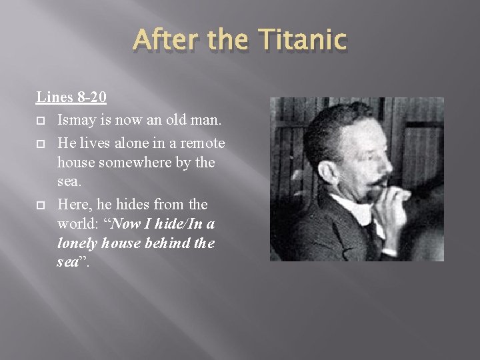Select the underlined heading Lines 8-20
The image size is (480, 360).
tap(71, 97)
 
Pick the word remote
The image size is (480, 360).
tap(202, 143)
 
